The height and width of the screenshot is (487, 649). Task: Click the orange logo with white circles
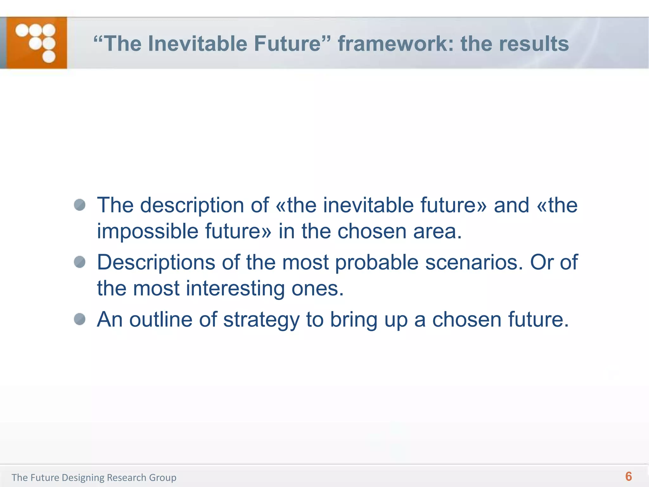(36, 43)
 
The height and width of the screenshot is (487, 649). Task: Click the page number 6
(628, 477)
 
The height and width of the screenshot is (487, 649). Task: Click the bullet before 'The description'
(80, 205)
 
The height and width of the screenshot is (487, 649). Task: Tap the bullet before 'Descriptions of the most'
(80, 262)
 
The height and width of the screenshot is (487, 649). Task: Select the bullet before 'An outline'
(80, 319)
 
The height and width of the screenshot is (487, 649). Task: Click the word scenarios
(474, 263)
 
